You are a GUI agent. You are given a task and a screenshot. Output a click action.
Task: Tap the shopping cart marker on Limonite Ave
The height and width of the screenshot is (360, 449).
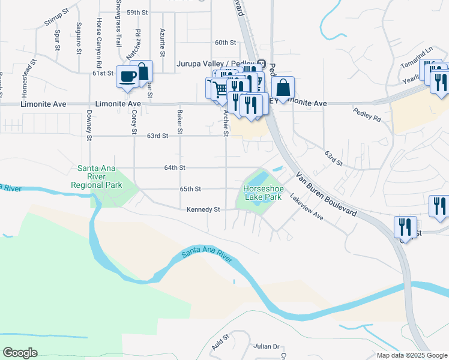[x=219, y=88]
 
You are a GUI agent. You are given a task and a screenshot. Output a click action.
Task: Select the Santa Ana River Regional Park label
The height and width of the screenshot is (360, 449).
[x=97, y=176]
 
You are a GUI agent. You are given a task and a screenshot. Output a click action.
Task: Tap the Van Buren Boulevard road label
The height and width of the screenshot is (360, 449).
[x=327, y=195]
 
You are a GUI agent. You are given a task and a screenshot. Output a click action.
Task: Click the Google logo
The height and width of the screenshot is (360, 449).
[x=20, y=353]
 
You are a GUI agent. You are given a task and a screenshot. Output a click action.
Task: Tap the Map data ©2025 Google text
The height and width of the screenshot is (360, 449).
[x=412, y=355]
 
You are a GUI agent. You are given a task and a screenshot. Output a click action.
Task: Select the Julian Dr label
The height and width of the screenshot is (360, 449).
[x=267, y=347]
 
